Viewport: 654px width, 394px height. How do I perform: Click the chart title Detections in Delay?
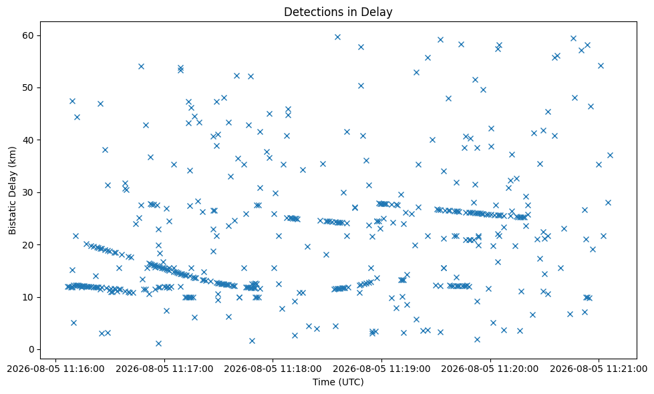pos(338,12)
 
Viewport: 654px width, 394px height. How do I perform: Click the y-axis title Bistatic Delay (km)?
pos(12,190)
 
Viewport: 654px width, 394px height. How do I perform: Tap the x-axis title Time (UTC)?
pos(338,382)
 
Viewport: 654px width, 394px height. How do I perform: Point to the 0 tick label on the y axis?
pos(31,349)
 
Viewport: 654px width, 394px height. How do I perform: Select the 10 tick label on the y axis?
pos(28,297)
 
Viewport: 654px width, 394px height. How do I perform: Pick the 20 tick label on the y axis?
pos(28,244)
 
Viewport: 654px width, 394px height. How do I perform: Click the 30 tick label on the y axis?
pos(28,192)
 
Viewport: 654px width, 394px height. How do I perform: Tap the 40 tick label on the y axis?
pos(28,140)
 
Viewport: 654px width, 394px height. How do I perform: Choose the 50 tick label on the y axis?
pos(28,88)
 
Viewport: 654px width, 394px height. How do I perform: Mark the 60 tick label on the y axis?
pos(28,35)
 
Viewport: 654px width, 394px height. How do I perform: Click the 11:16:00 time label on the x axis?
pos(55,369)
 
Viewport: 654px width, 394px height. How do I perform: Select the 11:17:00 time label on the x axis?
pos(164,369)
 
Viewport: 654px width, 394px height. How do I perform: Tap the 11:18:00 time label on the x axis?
pos(273,369)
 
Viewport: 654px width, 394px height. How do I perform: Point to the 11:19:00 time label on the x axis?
pos(381,369)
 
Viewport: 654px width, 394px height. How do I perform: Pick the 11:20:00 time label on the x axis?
pos(490,369)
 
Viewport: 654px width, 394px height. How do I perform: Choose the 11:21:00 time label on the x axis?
pos(599,369)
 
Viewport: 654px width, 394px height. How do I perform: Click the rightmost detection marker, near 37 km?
pos(610,155)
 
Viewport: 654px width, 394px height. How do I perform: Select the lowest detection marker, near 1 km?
pos(158,343)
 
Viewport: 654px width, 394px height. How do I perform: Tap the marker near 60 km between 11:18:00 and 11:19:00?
pos(338,37)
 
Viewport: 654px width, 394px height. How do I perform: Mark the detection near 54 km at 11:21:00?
pos(601,65)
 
